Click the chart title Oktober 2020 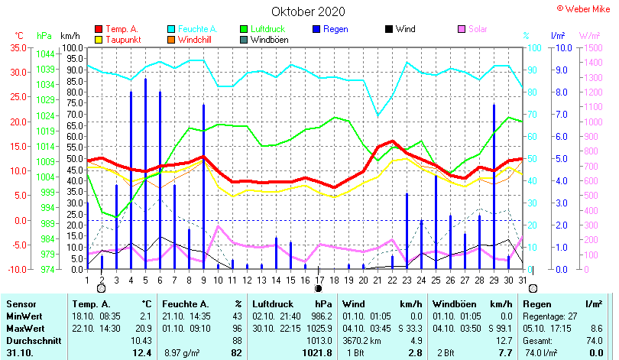[x=308, y=11]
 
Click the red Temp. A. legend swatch [x=98, y=29]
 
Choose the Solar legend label [x=478, y=29]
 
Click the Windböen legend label [x=269, y=39]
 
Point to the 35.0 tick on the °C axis [x=18, y=47]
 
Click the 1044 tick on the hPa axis [x=45, y=54]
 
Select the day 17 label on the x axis [x=319, y=279]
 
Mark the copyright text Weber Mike [x=588, y=8]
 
